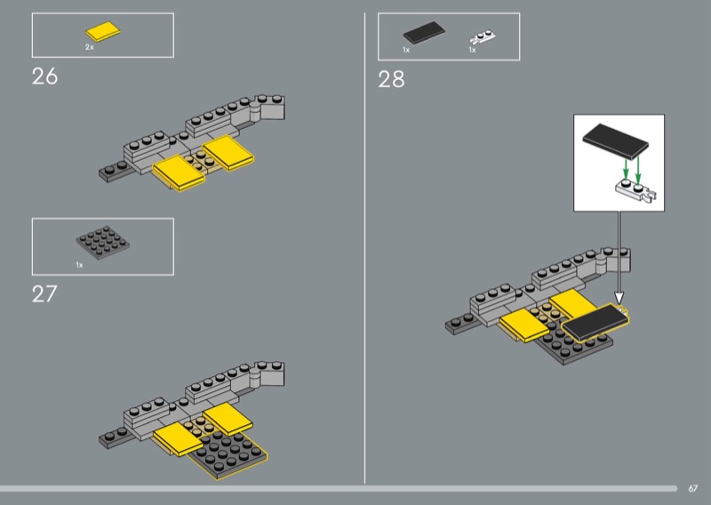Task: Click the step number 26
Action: pos(45,76)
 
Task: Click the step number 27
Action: pos(44,294)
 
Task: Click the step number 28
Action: pos(391,79)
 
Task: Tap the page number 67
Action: pos(693,488)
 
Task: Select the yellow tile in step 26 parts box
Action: pos(103,31)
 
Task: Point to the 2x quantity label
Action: pos(90,47)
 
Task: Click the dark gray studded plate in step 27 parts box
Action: pos(103,243)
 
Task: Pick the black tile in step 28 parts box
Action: pos(424,33)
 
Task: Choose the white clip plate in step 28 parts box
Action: pos(483,37)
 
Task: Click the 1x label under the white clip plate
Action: pos(473,50)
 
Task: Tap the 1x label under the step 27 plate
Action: pos(79,265)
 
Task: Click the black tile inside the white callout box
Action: pos(616,141)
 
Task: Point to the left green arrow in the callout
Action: pos(626,169)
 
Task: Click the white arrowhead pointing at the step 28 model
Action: pos(619,298)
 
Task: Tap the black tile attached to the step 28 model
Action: pos(595,322)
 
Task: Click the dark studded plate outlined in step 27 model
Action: pos(228,453)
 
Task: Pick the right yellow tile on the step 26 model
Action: pos(228,152)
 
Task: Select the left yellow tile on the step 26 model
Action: pos(179,172)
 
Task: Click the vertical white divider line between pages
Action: pos(364,248)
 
